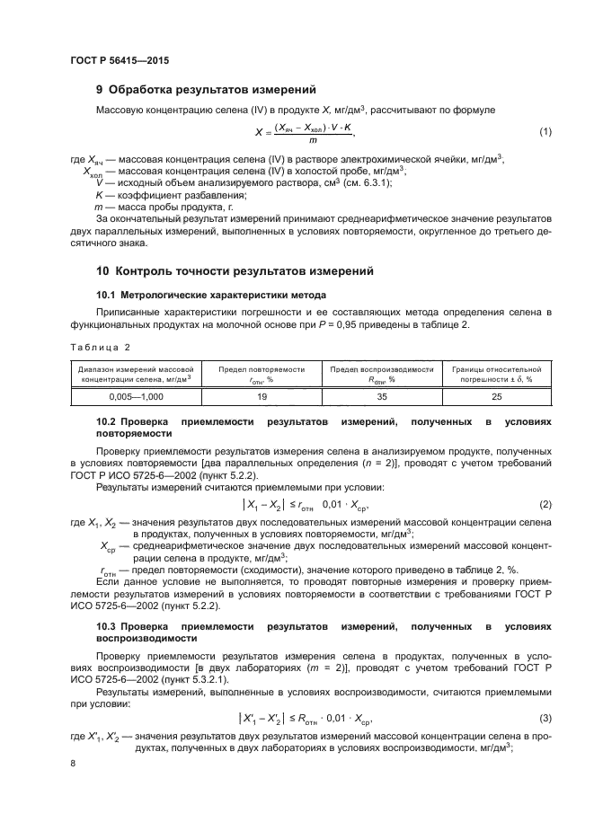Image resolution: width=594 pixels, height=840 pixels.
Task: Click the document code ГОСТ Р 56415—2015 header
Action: tap(120, 59)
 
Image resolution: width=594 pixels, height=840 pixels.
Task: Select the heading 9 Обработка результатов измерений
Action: tap(207, 89)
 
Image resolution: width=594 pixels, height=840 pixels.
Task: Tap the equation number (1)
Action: tap(545, 133)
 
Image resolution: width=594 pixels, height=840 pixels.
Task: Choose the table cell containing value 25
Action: tap(496, 394)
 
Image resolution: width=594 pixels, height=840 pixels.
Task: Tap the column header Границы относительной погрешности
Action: tap(496, 374)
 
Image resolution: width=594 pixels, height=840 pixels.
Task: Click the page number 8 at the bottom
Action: tap(73, 763)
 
